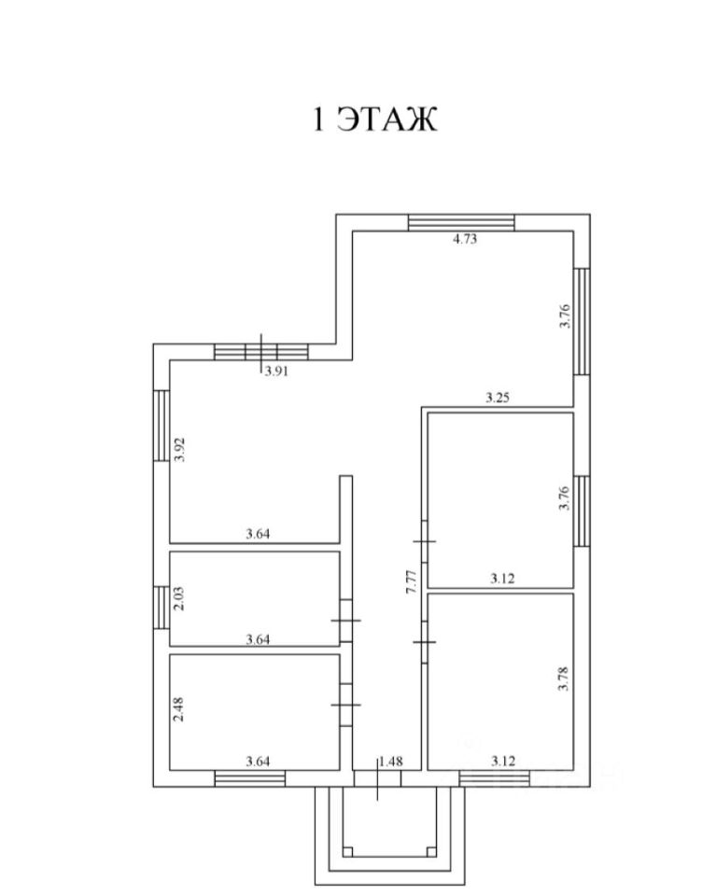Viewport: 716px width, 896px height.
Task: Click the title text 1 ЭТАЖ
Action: coord(374,120)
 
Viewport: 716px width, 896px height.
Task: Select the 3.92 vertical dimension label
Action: coord(183,450)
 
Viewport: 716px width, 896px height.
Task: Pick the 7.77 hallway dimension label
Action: coord(411,592)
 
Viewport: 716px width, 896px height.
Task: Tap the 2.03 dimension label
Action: coord(181,597)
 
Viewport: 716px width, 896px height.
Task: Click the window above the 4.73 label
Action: coord(461,222)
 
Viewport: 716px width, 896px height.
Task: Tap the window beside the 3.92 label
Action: coord(161,425)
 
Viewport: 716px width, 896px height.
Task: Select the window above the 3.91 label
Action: coord(260,352)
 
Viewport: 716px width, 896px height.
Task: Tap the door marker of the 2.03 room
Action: coord(344,621)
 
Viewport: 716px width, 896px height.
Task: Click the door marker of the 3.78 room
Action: coord(425,642)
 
